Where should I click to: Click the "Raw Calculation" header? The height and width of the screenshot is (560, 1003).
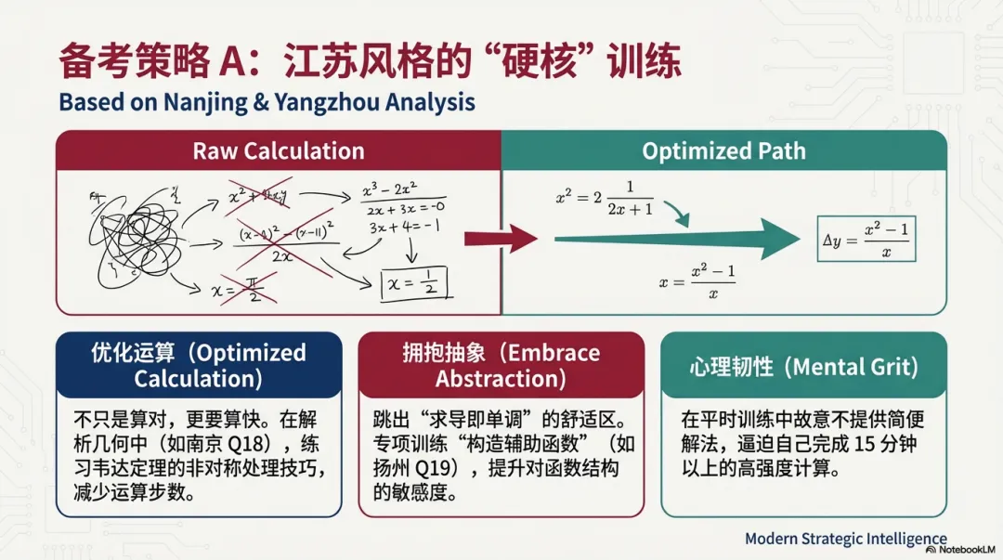[278, 150]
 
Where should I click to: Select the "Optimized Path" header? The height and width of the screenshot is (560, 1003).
[723, 150]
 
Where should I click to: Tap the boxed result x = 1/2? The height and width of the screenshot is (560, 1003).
[414, 281]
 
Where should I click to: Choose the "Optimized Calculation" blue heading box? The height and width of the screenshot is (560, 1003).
[197, 365]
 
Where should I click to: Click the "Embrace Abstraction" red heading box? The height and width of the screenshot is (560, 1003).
[501, 365]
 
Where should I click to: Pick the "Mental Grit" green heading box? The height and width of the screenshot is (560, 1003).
[803, 365]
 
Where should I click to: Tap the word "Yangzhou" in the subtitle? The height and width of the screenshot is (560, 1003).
[311, 101]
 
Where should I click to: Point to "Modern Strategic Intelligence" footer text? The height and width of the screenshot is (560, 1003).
[845, 539]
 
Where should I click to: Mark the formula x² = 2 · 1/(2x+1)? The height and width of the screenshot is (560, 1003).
[605, 198]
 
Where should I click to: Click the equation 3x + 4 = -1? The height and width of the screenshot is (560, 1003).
[403, 228]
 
